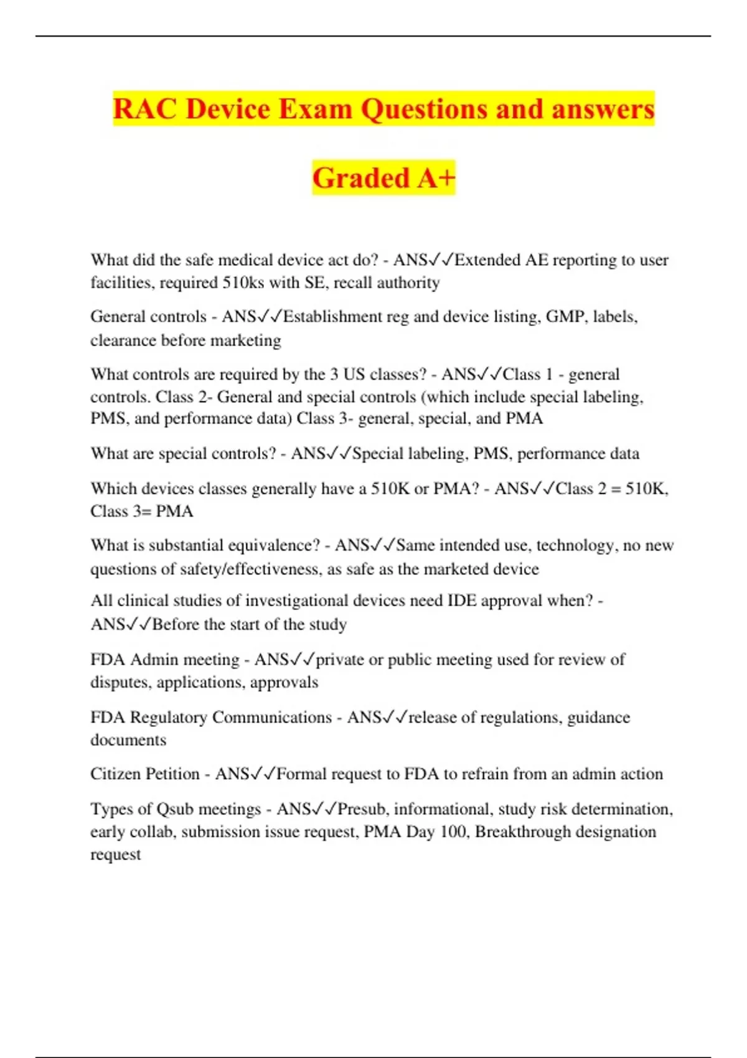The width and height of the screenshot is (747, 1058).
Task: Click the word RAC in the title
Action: [145, 109]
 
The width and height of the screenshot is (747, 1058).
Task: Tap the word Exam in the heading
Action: [316, 109]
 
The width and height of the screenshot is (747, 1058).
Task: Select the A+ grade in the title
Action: [436, 178]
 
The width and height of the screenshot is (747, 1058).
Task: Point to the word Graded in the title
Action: [360, 178]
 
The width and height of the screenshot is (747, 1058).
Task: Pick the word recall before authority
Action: [357, 283]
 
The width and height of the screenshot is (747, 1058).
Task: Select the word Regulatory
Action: [168, 717]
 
